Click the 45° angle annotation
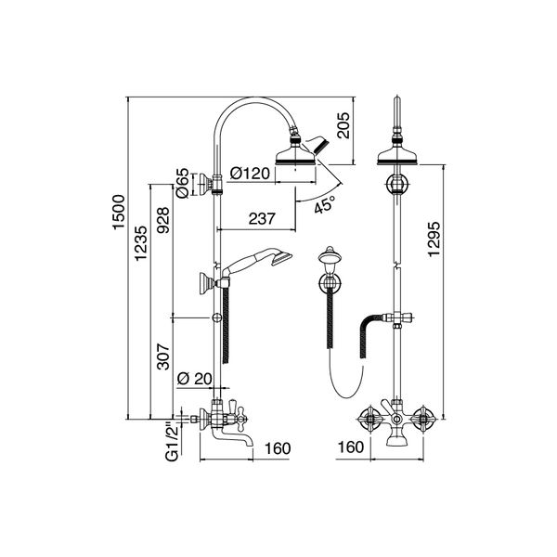click(x=324, y=205)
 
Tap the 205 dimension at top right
click(x=343, y=123)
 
